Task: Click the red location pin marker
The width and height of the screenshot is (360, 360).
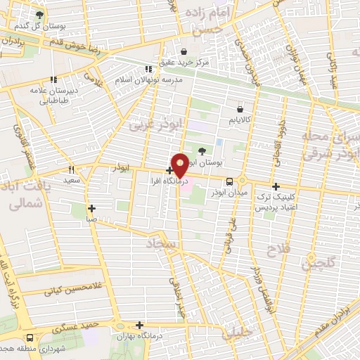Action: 180,165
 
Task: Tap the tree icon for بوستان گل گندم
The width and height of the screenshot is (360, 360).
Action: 39,14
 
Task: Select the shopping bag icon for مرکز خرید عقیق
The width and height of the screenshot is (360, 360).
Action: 184,51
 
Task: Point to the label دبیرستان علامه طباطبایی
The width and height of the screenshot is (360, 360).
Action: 53,94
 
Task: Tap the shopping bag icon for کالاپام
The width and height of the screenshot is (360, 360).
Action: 240,110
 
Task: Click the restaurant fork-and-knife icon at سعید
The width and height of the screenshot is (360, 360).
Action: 71,170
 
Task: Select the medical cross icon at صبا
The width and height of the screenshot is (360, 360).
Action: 91,208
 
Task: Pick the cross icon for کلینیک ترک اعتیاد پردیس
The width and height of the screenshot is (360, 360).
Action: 276,187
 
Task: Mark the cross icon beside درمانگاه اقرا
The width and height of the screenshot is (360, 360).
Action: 169,170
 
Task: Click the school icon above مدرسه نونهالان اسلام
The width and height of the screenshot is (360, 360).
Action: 148,69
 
